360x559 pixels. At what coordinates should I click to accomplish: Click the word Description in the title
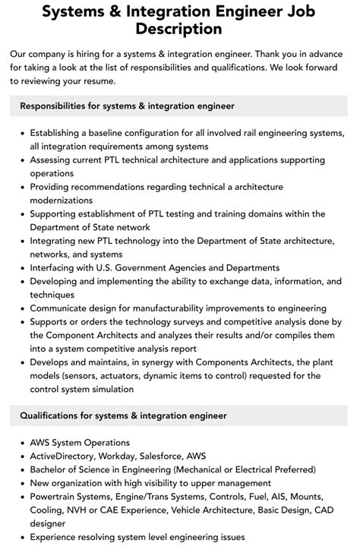tap(179, 30)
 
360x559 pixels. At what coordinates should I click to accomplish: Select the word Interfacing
tap(57, 268)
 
